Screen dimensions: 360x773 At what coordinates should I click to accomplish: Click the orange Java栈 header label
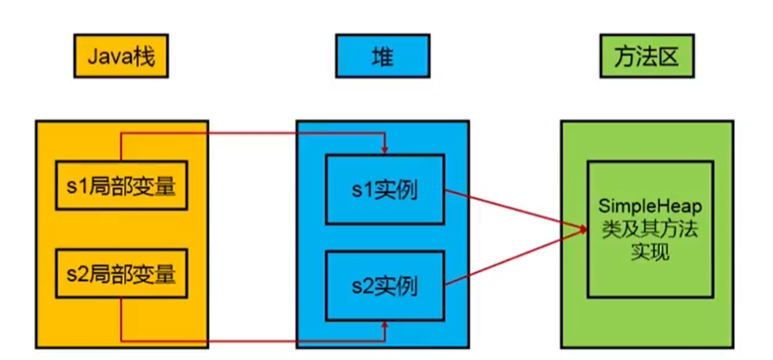pos(121,58)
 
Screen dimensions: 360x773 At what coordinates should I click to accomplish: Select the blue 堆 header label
pos(382,58)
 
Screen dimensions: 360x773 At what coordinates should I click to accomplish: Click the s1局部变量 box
pos(121,185)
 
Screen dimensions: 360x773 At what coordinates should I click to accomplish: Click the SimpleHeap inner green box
pos(650,229)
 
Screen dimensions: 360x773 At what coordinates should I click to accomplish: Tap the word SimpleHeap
pos(650,207)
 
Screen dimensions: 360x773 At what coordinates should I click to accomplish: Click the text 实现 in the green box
pos(650,252)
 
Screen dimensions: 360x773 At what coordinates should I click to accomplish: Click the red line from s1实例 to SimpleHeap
pos(513,209)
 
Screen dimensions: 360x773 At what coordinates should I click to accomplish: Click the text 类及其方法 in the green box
pos(650,230)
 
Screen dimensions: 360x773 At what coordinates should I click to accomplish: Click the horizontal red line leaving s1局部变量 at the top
pos(254,132)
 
